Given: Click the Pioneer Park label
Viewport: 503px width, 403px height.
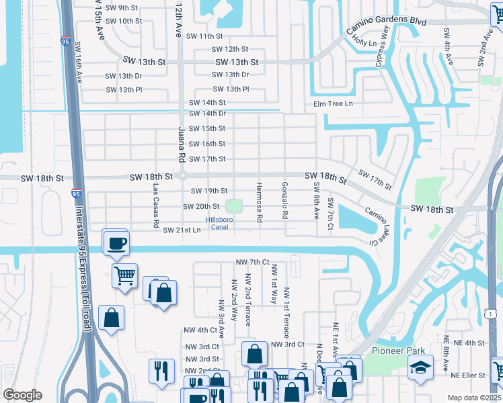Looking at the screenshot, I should coord(397,351).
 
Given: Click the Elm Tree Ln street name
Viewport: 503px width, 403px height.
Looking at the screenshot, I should coord(333,103).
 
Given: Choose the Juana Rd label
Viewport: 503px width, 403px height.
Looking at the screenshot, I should coord(181,143).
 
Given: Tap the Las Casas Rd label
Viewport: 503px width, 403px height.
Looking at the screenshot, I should coord(156,204).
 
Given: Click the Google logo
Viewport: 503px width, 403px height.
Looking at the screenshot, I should coord(22,395).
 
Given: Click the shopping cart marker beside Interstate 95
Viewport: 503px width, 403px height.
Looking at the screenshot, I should coord(125,275).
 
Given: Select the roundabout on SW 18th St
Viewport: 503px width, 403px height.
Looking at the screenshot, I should coord(182,176).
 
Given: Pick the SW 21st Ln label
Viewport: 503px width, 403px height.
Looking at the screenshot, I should coord(182,230).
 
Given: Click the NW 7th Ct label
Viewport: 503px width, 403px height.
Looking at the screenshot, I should coord(252,261).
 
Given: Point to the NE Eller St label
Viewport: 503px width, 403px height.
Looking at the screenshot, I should coord(468,375).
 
